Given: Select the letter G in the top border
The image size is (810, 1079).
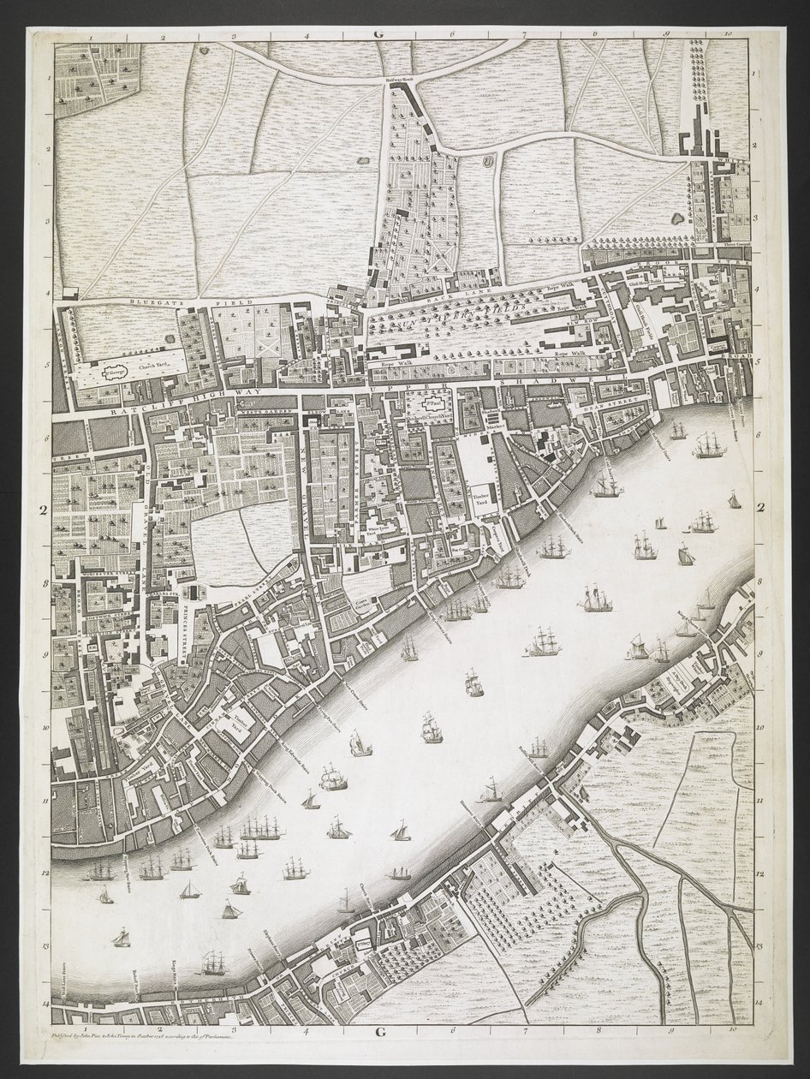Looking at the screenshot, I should (x=377, y=33).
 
